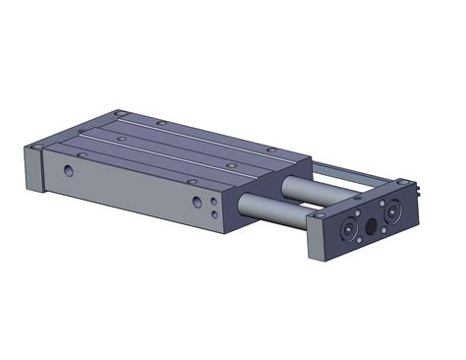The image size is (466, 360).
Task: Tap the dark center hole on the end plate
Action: (371, 226)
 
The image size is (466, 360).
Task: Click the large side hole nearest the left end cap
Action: (68, 169)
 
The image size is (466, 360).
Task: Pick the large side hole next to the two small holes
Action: (198, 201)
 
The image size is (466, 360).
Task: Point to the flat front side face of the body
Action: (138, 187)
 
